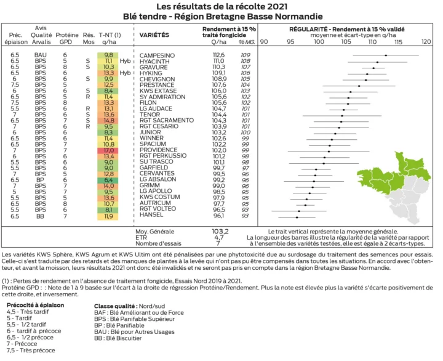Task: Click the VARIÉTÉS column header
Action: tap(155, 36)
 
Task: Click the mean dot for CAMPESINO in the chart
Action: tap(386, 55)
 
